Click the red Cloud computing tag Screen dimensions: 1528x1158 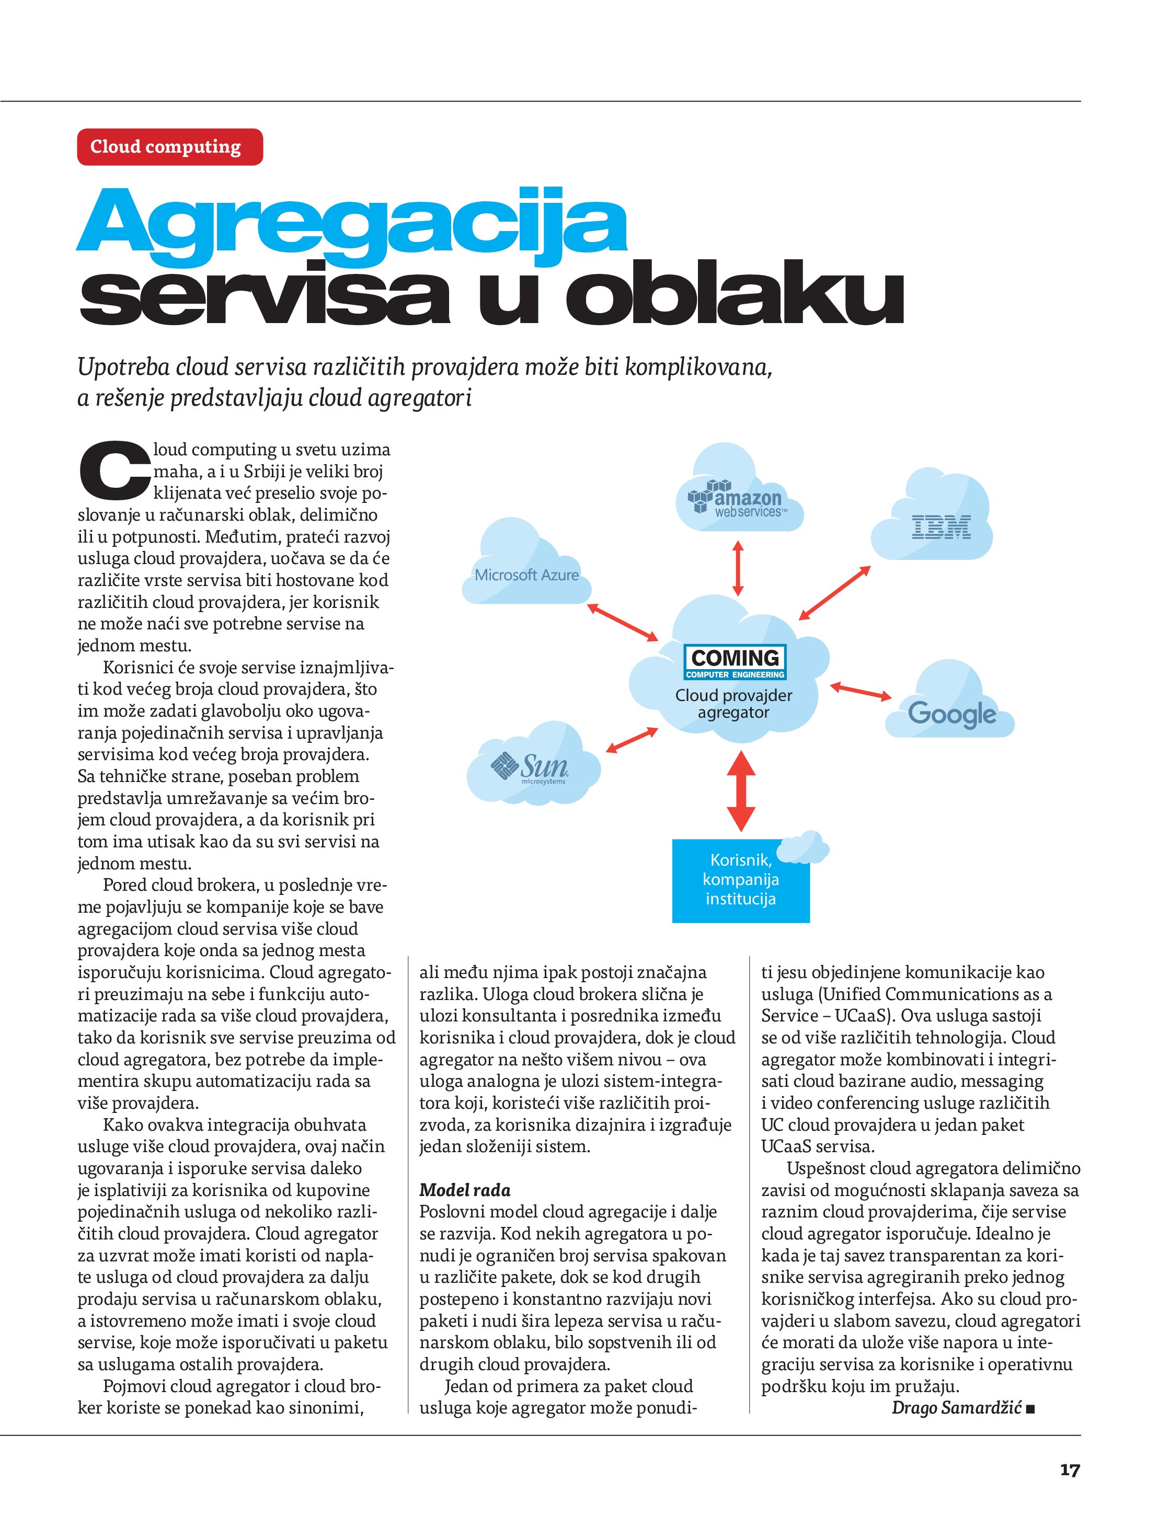point(169,146)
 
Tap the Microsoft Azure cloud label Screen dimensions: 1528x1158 point(526,575)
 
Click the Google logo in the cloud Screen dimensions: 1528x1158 point(951,714)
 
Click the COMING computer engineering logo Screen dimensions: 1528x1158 point(735,662)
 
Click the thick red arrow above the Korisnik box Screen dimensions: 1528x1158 point(741,790)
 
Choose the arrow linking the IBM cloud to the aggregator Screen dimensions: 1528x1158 point(834,592)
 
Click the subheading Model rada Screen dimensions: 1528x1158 point(465,1190)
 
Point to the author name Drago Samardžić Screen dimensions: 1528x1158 point(956,1407)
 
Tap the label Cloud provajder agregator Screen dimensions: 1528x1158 point(734,704)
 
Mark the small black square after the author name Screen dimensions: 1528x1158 point(1030,1408)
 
